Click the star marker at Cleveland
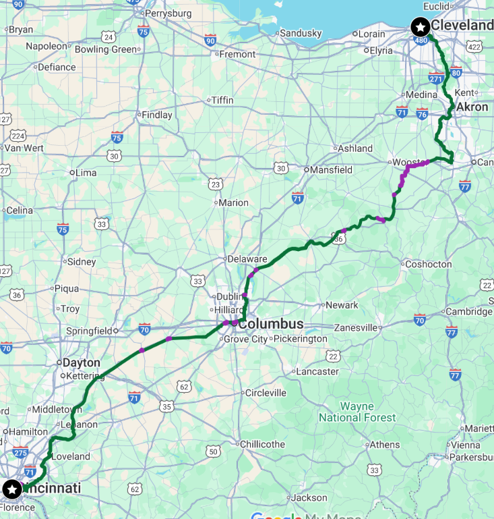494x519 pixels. (421, 27)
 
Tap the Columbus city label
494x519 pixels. (271, 324)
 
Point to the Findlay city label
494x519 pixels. (156, 115)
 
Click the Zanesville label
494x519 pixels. (354, 327)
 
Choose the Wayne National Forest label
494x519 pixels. (357, 412)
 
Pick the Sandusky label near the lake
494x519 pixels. (301, 33)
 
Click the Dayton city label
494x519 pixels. (82, 362)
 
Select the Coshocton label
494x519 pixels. (429, 265)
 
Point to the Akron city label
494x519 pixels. (472, 107)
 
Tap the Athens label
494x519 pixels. (385, 445)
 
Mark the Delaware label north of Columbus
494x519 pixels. (247, 258)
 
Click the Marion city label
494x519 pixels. (234, 202)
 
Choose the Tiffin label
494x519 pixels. (222, 101)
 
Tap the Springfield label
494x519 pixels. (89, 331)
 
